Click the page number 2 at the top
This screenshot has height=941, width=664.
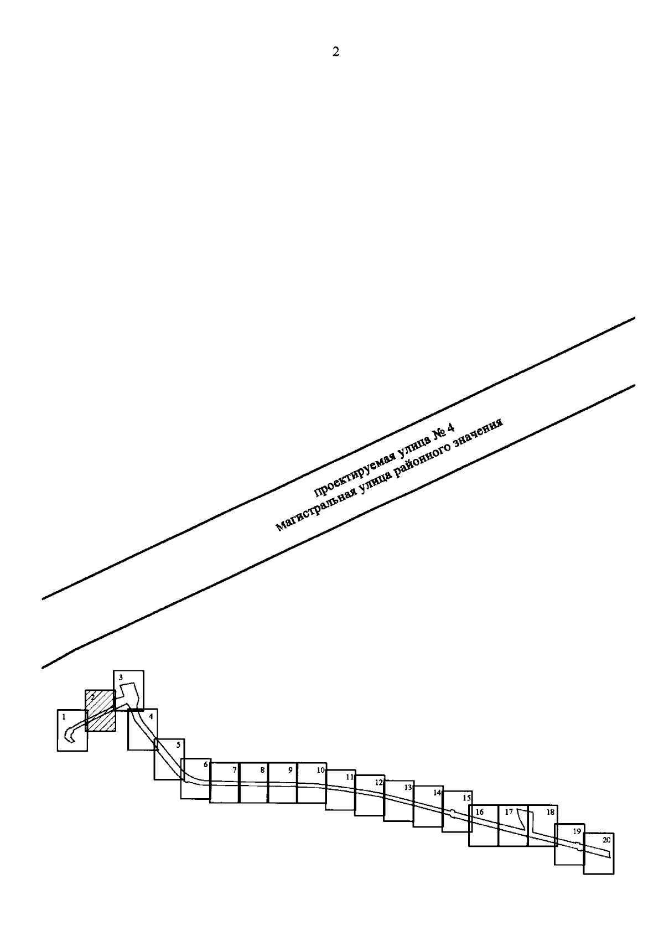[335, 51]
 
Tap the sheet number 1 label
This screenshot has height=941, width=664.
[64, 717]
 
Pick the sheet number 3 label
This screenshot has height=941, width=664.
[121, 677]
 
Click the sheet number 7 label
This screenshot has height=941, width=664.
[235, 770]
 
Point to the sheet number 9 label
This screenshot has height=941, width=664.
[290, 770]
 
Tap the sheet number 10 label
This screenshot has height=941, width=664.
[321, 770]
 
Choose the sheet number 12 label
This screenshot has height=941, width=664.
[379, 782]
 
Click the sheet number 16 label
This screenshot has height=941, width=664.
[480, 812]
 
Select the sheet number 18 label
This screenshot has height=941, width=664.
[550, 812]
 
